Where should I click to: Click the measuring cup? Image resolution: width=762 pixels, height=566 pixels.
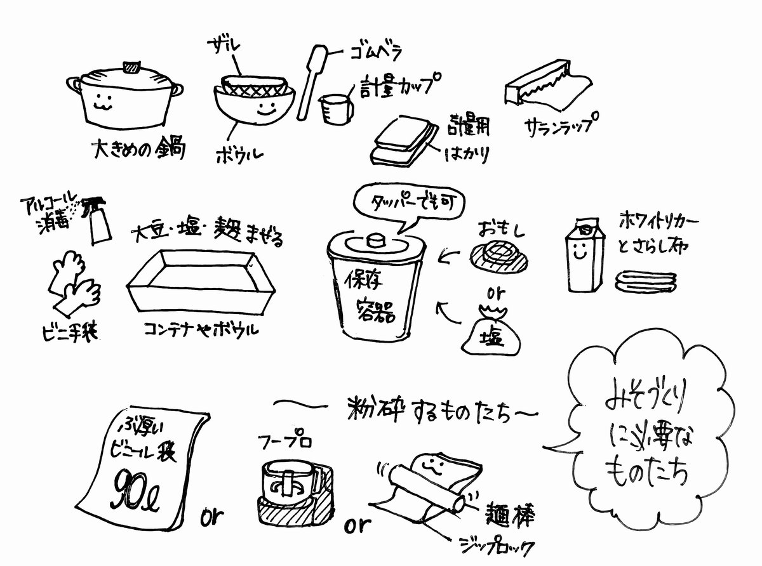pos(335,109)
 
